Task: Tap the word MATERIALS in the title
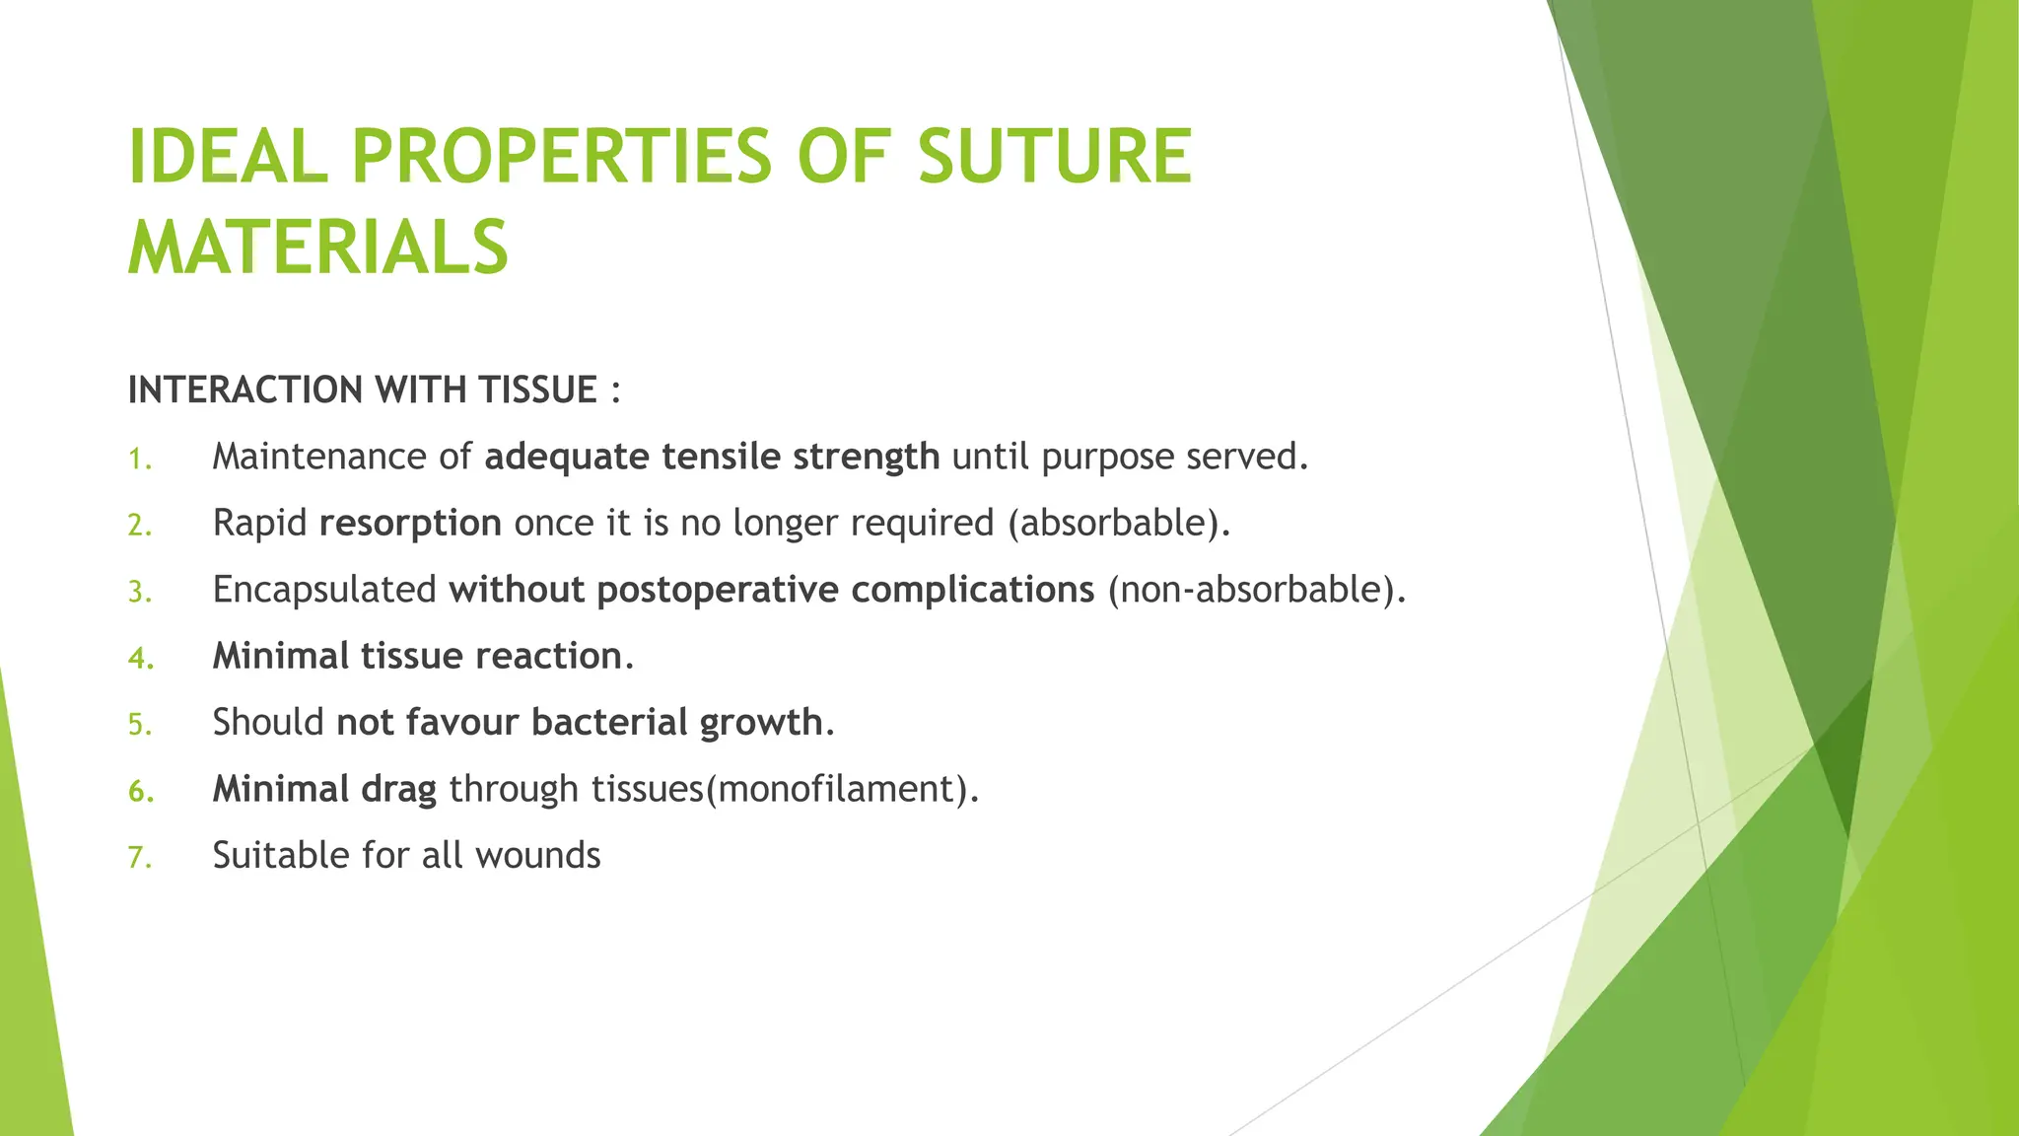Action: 317,247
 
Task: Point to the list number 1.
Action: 139,460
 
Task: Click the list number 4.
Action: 140,659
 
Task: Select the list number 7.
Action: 139,858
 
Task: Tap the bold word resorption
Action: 410,524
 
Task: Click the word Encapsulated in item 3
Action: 324,590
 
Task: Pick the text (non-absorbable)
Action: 1256,590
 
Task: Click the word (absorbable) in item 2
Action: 1119,524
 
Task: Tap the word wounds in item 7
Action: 537,855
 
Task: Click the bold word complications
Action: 972,590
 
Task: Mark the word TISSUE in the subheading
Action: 538,390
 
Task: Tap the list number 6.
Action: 140,792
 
